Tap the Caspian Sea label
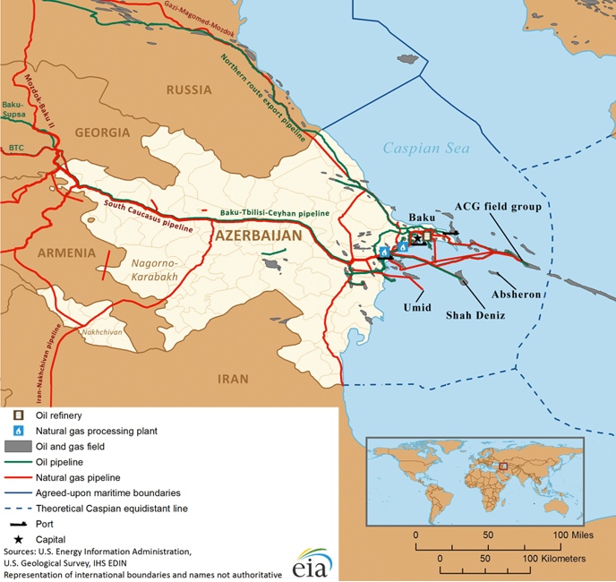[425, 149]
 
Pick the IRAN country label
[233, 379]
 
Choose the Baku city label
[421, 218]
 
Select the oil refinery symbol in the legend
[17, 415]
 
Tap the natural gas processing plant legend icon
[17, 431]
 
